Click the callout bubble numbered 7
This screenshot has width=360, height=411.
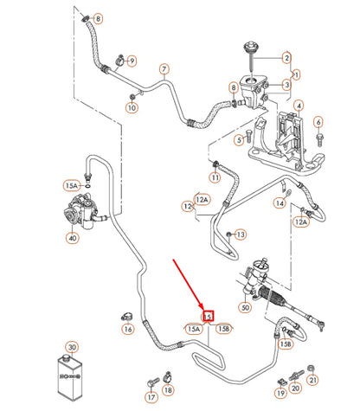pos(163,68)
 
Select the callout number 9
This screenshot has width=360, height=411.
pos(132,61)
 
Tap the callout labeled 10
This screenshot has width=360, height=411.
pos(132,108)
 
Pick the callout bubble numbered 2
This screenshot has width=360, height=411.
pos(286,59)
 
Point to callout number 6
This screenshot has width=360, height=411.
pos(318,121)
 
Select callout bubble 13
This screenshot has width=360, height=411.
pos(240,234)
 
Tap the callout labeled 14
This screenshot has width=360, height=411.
pos(280,203)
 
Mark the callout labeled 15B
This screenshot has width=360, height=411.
pos(223,328)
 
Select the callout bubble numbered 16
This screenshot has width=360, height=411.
pos(128,329)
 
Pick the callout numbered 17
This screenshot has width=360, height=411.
pos(153,398)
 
